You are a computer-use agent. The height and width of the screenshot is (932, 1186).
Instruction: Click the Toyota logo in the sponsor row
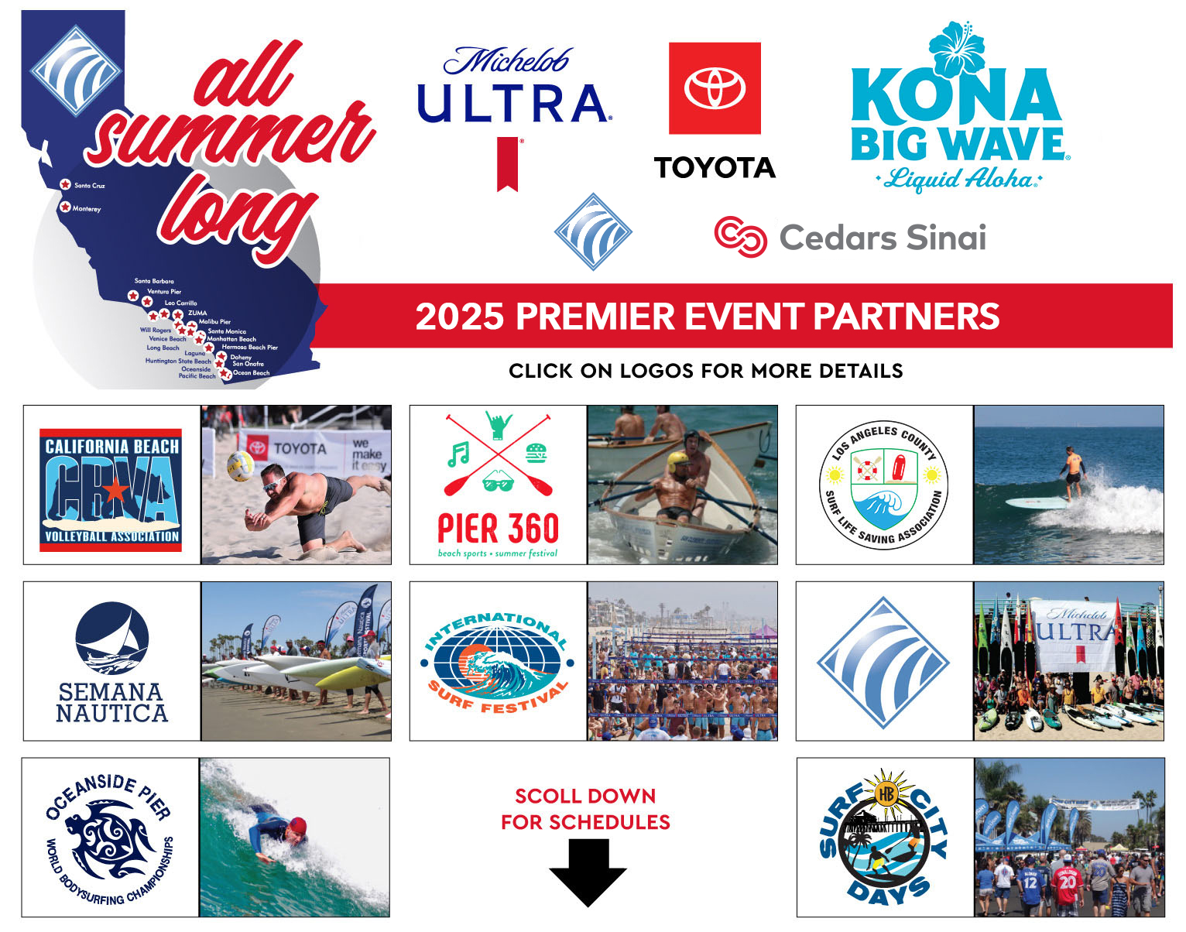pos(715,111)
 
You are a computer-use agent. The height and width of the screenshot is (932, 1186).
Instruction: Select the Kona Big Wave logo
pos(958,112)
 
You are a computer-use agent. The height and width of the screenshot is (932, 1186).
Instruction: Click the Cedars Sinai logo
pos(850,237)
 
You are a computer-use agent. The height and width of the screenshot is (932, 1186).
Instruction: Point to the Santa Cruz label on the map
pos(90,186)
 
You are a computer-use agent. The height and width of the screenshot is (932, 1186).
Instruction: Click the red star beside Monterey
pos(66,207)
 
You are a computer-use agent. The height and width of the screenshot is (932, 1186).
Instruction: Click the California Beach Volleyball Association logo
pos(111,490)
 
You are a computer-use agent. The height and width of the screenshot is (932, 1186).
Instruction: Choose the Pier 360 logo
pos(498,485)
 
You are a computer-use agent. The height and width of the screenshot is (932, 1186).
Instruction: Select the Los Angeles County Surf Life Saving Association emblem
pos(883,485)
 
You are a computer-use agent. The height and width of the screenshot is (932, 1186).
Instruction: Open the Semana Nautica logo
pos(111,662)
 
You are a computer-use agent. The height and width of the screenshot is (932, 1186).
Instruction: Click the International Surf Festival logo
pos(498,661)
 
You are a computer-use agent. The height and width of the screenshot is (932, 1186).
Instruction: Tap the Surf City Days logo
pos(883,838)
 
